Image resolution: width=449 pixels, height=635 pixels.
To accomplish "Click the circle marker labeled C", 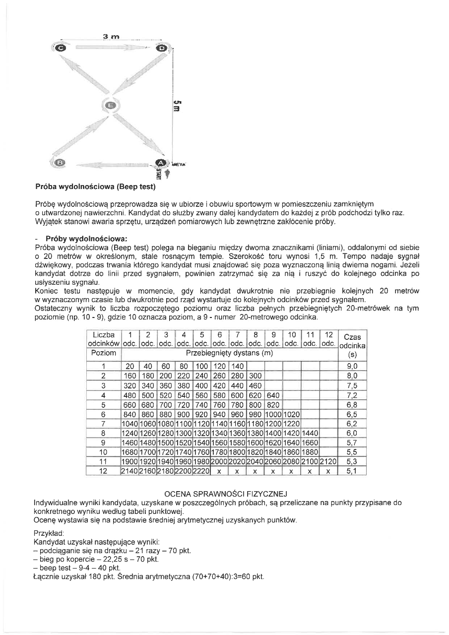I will (x=61, y=48).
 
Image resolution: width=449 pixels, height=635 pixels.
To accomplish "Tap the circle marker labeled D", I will (x=162, y=48).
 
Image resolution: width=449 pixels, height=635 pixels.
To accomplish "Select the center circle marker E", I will (x=111, y=105).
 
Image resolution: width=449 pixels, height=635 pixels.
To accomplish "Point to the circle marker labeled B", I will (x=60, y=163).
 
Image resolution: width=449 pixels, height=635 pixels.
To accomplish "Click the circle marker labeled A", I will (x=161, y=163).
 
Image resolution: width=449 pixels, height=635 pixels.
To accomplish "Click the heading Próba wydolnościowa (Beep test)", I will (x=95, y=187).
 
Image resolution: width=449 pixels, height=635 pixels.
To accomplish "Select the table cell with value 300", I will (x=255, y=376).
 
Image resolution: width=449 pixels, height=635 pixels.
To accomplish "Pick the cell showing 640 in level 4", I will (x=273, y=395).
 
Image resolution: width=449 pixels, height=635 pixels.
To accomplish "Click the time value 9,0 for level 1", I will (x=352, y=366).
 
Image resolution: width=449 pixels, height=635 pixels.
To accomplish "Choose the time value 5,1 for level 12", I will (x=352, y=471).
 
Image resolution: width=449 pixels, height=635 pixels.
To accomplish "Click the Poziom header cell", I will (x=104, y=353).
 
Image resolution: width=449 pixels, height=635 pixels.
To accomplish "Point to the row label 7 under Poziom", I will (x=104, y=423).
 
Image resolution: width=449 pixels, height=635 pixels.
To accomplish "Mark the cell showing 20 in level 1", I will (x=130, y=366).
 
